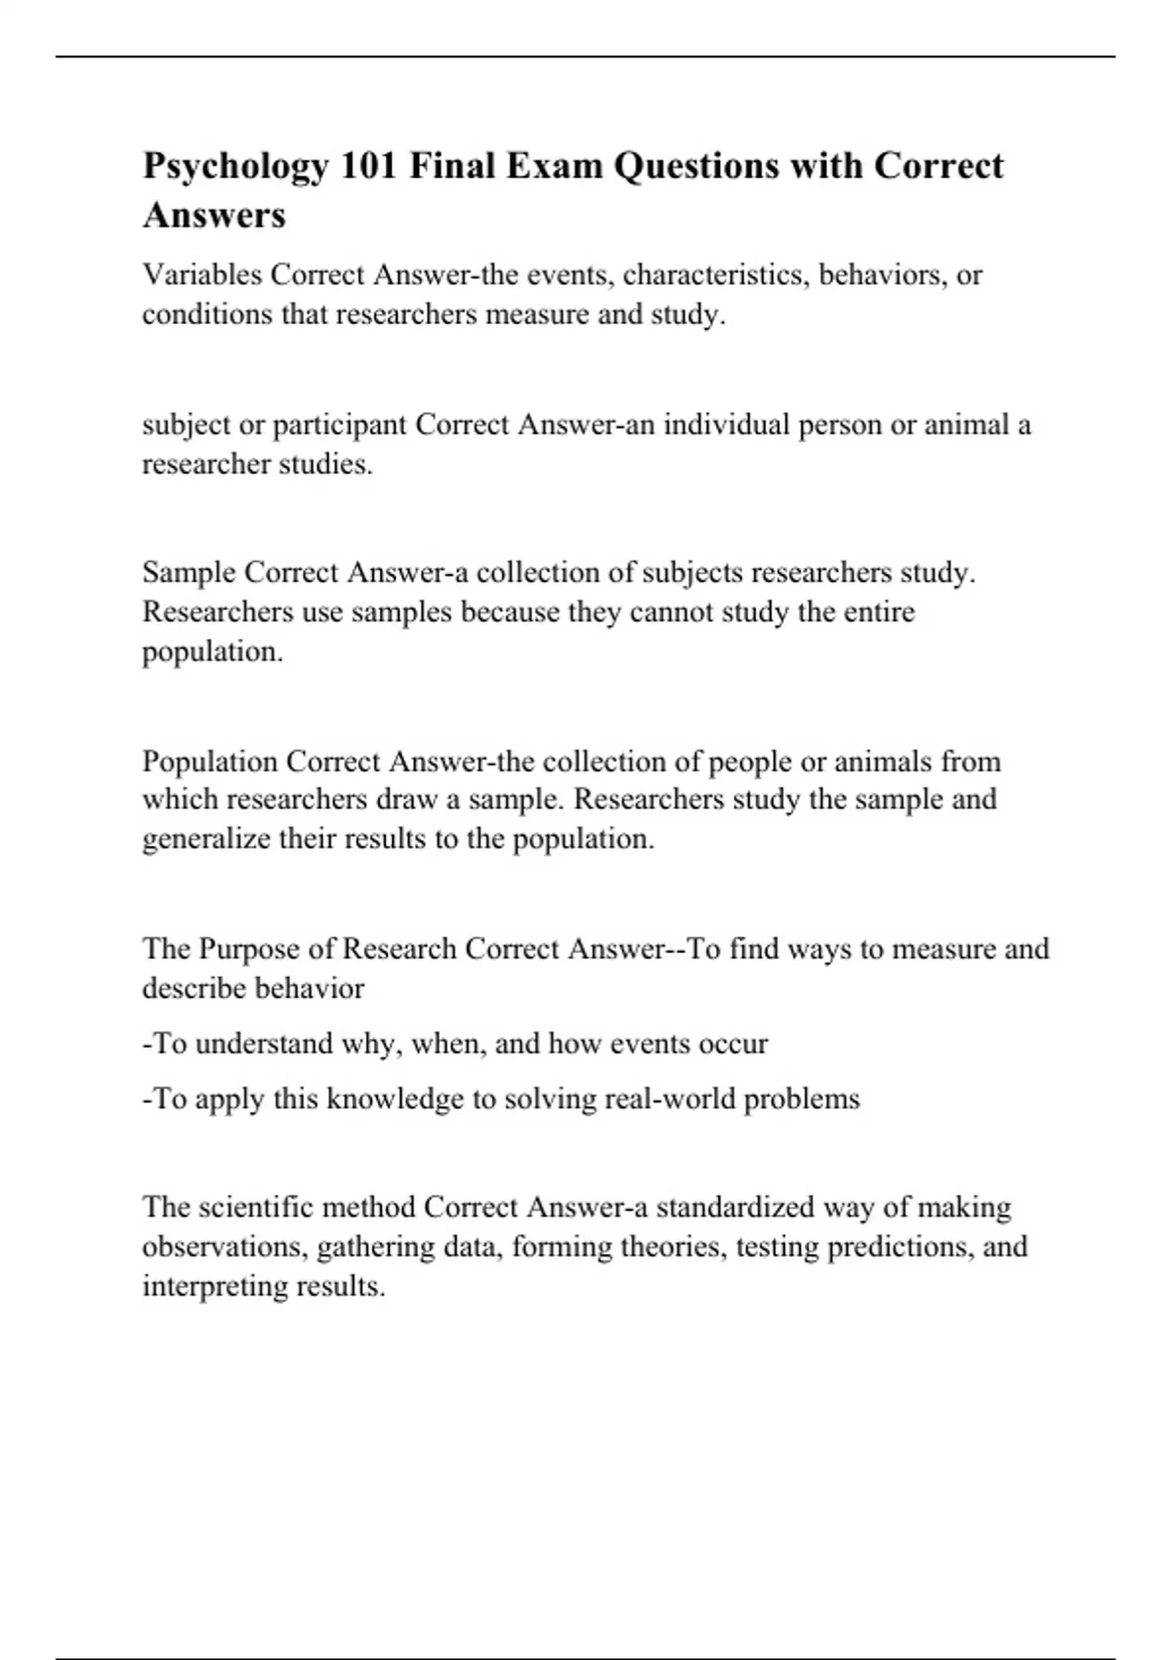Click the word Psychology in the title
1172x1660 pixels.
coord(235,167)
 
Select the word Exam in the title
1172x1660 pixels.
coord(558,167)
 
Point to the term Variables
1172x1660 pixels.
coord(202,275)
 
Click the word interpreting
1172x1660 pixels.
coord(210,1287)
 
